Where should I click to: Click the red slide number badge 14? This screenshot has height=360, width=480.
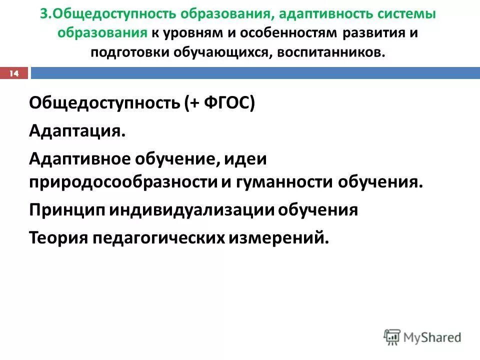[14, 73]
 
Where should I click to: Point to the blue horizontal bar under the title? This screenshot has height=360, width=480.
[255, 73]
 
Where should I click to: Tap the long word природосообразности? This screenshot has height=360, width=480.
[123, 181]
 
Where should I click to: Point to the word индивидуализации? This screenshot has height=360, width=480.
[191, 209]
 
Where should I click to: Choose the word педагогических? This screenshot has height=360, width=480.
[158, 237]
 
